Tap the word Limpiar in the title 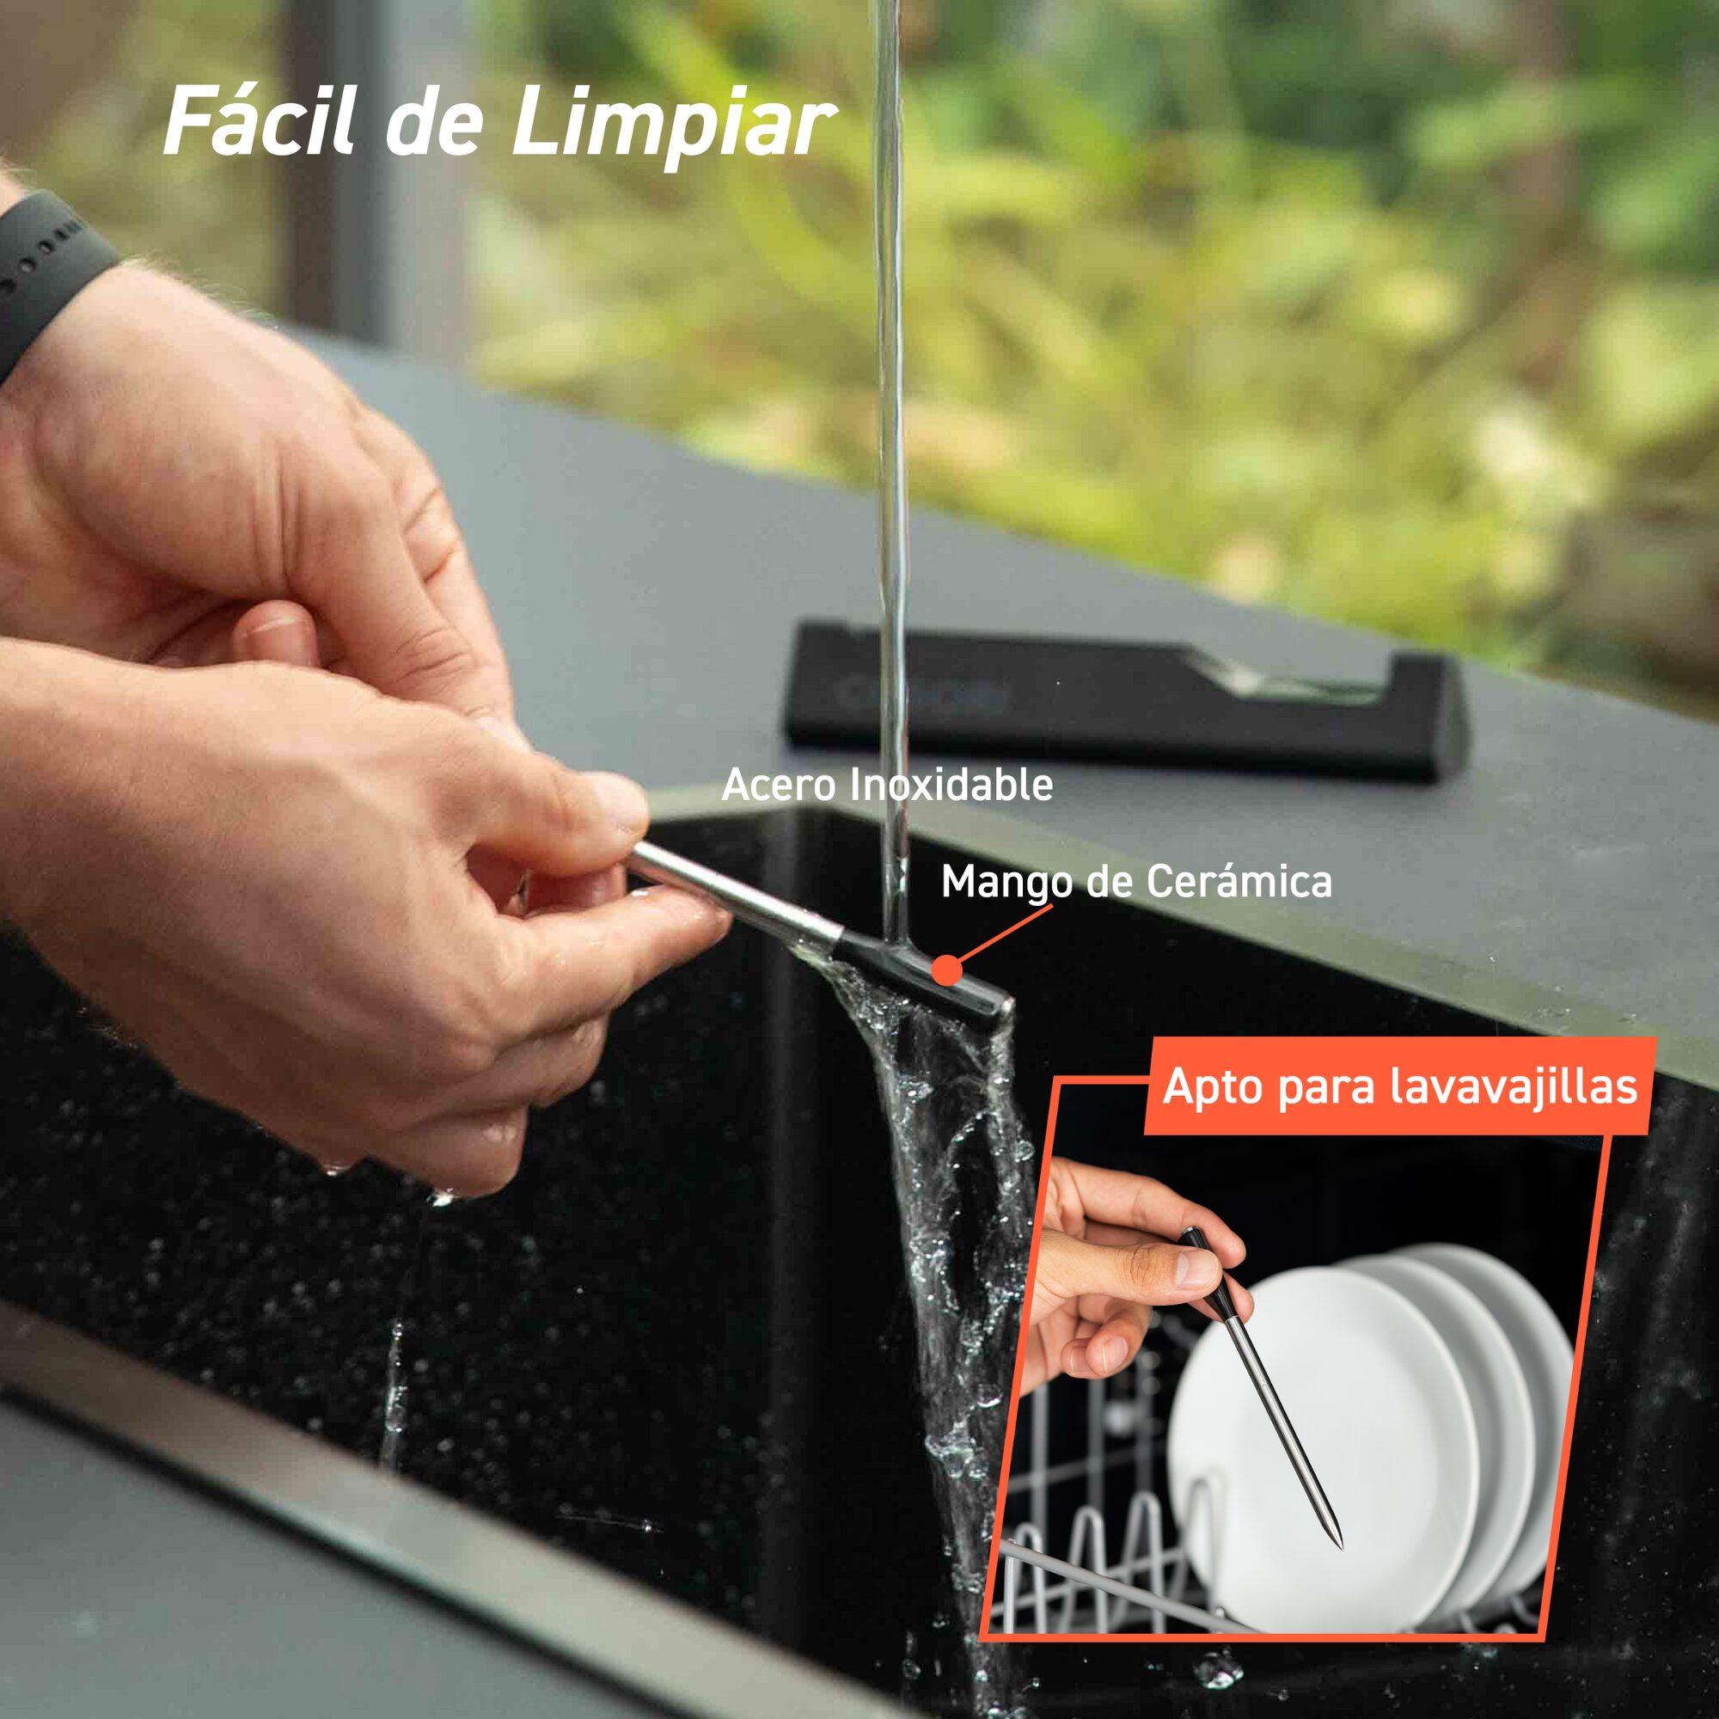tap(673, 125)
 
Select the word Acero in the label tap(779, 785)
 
